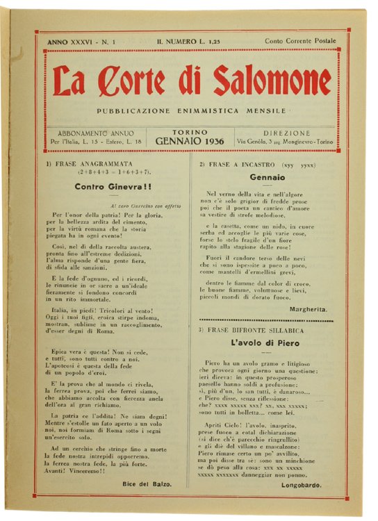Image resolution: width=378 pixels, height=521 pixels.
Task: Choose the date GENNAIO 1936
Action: pos(190,141)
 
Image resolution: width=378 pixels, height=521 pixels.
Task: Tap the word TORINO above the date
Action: pos(190,131)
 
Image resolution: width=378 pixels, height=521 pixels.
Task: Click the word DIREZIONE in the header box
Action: pos(286,132)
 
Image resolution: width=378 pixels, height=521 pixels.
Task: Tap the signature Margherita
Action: pos(305,308)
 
